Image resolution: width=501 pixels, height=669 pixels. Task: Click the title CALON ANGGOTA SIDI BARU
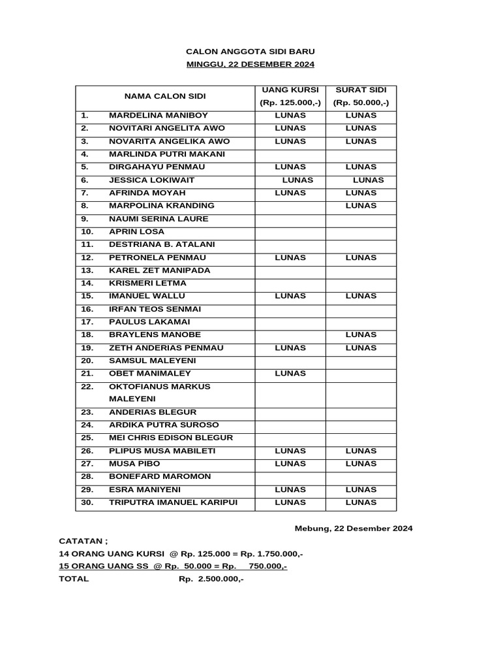(x=250, y=51)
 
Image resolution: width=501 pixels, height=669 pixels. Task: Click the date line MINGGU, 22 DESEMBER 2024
(x=250, y=64)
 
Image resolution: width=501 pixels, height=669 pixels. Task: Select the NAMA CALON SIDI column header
(x=164, y=97)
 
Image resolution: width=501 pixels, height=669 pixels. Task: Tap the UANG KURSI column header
(x=290, y=90)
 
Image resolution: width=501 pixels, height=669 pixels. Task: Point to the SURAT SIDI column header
(x=361, y=90)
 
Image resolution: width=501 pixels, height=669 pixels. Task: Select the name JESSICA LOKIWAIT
(x=151, y=180)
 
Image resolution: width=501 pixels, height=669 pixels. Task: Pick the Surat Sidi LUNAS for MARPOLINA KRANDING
(x=361, y=206)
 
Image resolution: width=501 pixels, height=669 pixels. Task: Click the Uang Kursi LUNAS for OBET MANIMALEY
(x=290, y=374)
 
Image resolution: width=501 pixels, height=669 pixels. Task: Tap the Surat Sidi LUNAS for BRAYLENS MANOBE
(x=361, y=334)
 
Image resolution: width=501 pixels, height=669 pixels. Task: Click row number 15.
(x=87, y=296)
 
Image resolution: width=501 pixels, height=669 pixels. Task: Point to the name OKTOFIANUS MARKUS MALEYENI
(x=159, y=393)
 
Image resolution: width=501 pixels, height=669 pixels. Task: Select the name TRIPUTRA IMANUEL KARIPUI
(x=173, y=502)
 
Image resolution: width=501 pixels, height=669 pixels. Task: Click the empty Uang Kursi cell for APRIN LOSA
(x=290, y=232)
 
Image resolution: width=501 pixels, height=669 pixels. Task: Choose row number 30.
(x=87, y=502)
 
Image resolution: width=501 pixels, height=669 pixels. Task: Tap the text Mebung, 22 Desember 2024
(x=354, y=528)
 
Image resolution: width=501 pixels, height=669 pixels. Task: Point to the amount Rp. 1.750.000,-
(x=271, y=554)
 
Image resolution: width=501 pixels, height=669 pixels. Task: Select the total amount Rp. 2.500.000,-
(x=211, y=579)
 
